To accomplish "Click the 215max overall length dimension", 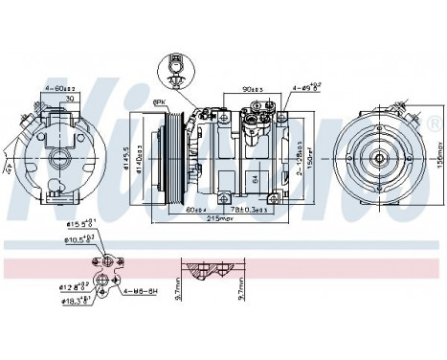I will [223, 218].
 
